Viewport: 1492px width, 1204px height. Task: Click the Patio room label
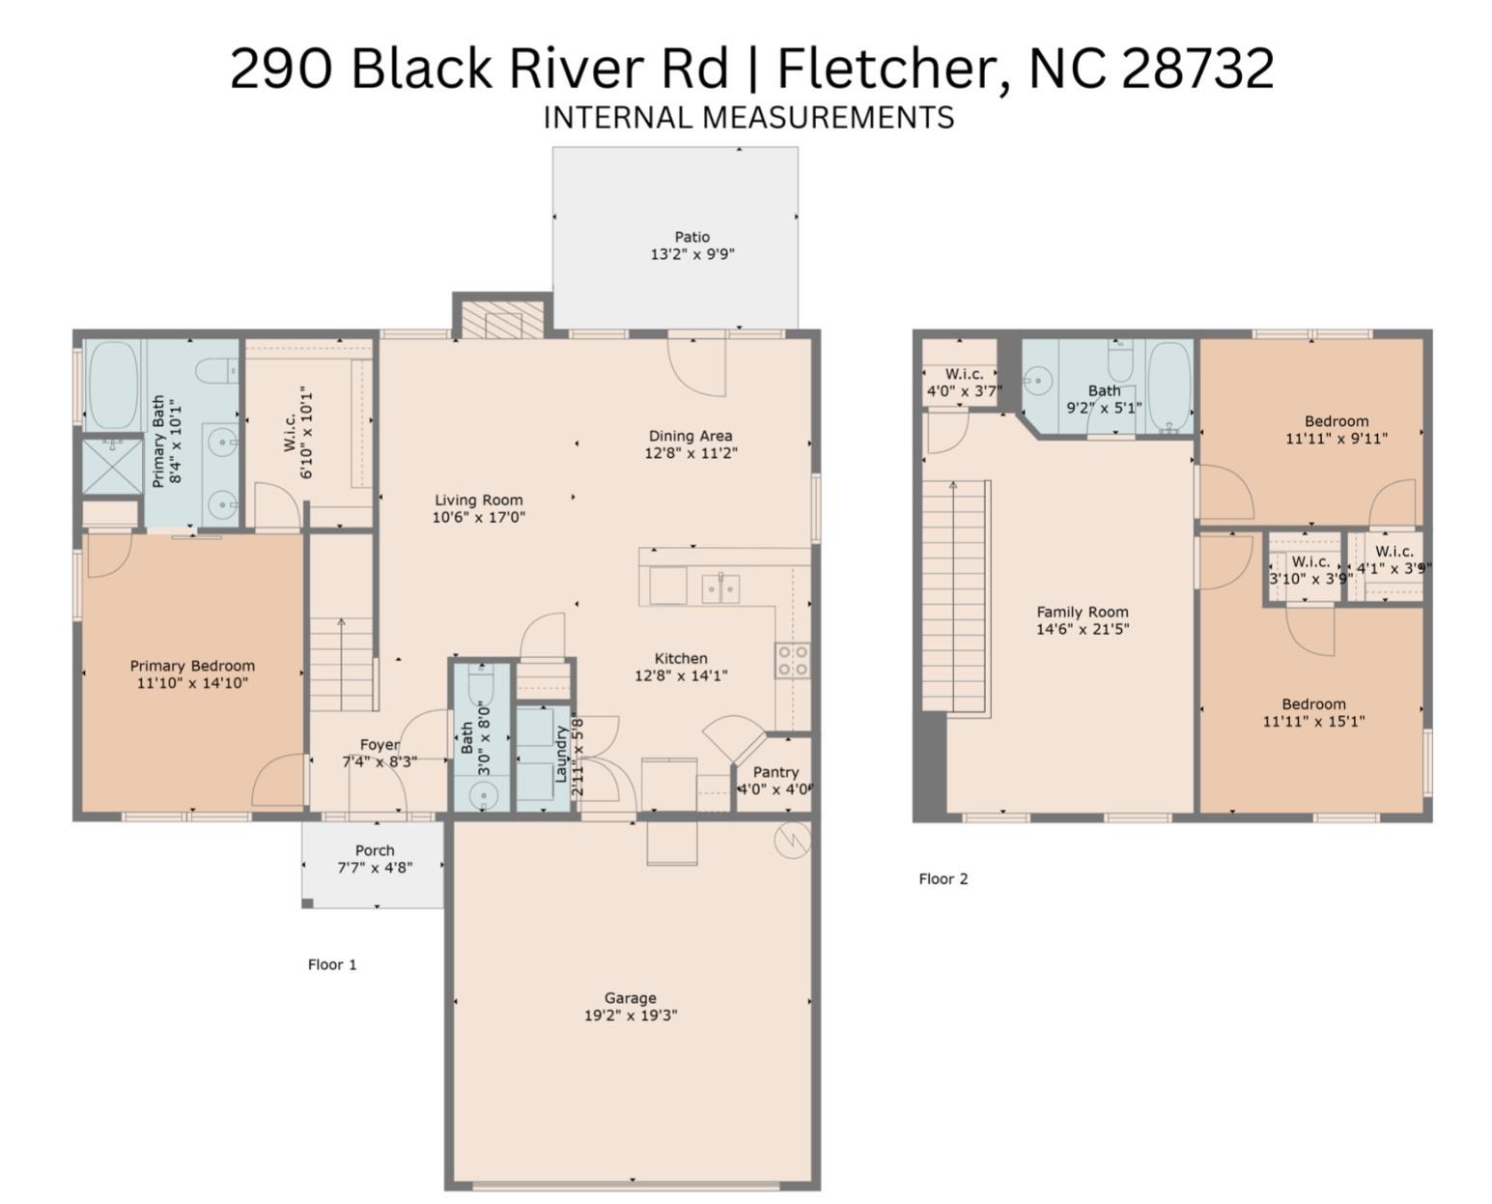(691, 237)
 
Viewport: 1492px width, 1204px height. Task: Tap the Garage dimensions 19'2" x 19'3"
(631, 1016)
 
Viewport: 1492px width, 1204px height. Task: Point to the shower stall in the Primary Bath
(112, 466)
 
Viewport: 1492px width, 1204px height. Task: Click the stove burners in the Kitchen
(792, 661)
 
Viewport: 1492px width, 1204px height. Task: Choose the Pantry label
(775, 772)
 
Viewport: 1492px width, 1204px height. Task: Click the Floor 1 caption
(332, 964)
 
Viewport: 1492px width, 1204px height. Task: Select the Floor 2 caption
(943, 878)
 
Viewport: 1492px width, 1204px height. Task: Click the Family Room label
(1082, 612)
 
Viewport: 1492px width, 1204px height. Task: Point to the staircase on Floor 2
(954, 594)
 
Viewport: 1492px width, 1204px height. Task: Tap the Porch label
(375, 850)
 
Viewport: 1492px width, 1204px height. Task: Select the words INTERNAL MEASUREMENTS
(748, 118)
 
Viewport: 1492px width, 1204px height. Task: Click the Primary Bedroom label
(192, 666)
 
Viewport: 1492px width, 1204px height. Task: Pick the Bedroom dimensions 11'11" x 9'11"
(1336, 439)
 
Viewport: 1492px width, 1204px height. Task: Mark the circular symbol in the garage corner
(792, 840)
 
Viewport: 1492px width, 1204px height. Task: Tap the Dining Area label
(690, 436)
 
